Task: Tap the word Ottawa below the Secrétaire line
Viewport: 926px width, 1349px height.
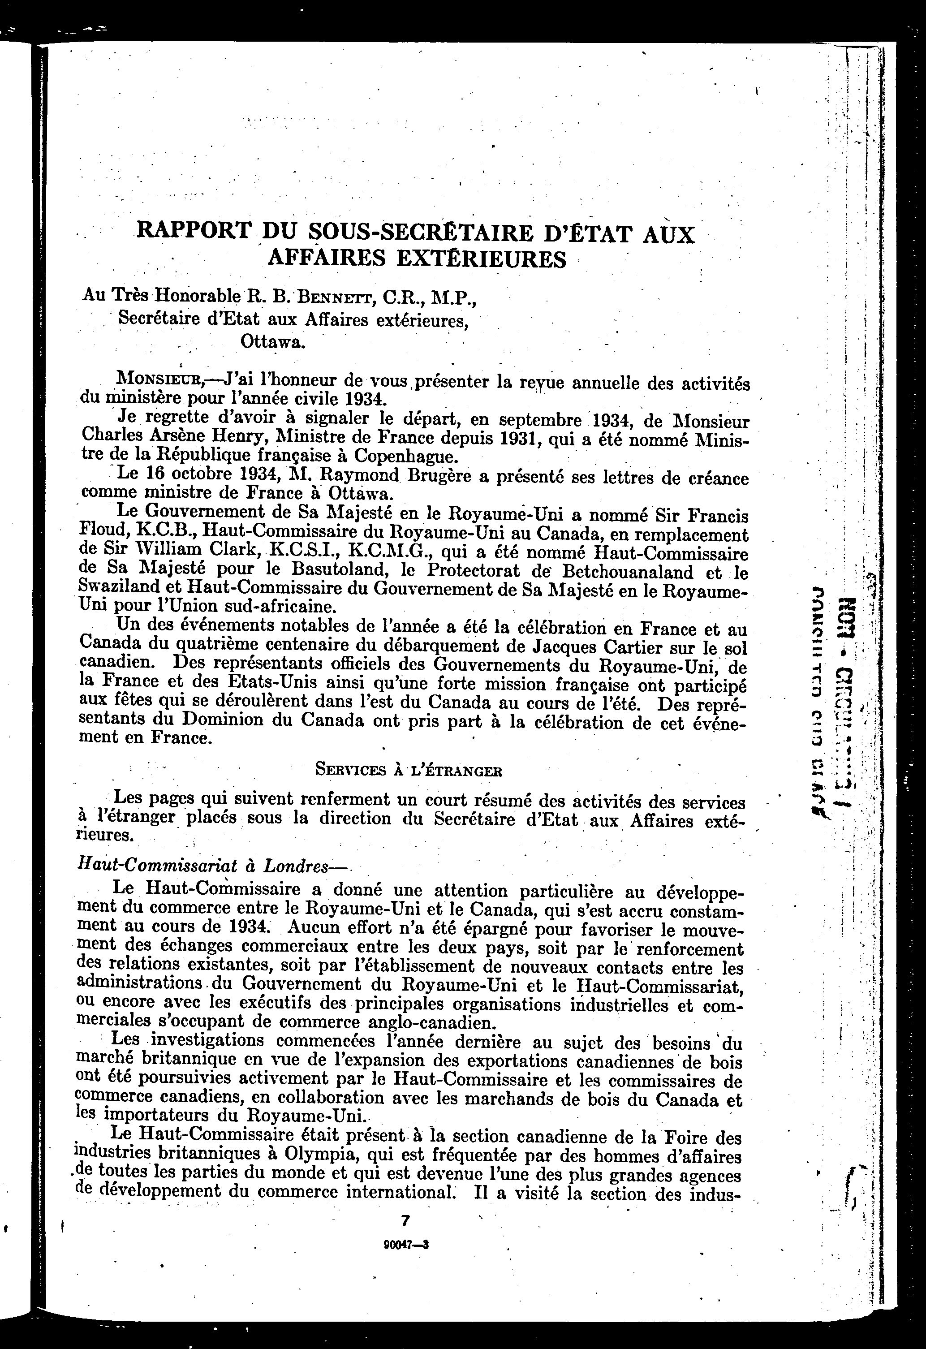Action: pos(272,341)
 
